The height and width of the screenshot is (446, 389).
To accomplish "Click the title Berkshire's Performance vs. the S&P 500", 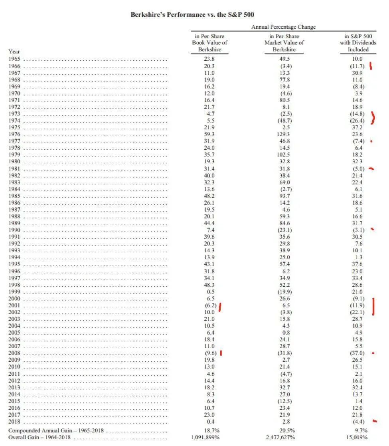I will pos(192,14).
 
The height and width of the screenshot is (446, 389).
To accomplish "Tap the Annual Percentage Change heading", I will pos(283,27).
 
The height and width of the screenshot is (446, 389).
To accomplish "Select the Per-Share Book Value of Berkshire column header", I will pos(209,43).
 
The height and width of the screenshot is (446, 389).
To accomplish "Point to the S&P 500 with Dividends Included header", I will pos(358,43).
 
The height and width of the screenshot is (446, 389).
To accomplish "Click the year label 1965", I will pos(14,59).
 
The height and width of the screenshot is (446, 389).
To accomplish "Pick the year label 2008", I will pos(14,353).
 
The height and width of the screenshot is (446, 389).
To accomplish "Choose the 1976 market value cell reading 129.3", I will pos(284,134).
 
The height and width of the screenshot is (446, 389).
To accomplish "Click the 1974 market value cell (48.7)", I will pos(284,121).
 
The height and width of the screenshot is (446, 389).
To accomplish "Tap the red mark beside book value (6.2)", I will pos(220,307).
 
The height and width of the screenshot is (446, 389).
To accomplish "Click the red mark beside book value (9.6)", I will pos(221,353).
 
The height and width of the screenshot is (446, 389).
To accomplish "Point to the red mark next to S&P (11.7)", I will pos(371,66).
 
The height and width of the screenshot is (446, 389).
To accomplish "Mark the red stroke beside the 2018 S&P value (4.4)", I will pos(374,420).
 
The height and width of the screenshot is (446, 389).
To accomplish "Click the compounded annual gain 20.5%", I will pos(284,431).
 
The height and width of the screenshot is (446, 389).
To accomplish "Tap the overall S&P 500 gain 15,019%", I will pos(357,438).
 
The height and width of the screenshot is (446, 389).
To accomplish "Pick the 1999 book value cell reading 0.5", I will pos(209,291).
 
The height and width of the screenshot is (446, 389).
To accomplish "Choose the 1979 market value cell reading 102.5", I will pos(284,155).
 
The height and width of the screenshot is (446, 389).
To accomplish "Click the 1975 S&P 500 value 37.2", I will pos(358,127).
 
